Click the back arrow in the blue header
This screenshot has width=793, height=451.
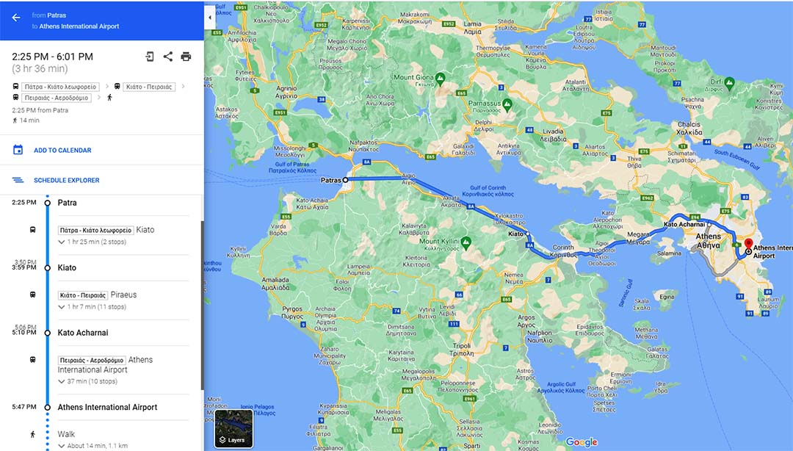tap(16, 18)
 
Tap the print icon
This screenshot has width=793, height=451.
tap(186, 57)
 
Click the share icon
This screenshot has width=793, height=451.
tap(168, 57)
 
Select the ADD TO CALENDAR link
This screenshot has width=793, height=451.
tap(62, 151)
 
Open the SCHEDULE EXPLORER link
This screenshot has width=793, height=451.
tap(66, 180)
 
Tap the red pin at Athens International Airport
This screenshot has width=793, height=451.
tap(748, 245)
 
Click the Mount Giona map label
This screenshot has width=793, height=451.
tap(413, 77)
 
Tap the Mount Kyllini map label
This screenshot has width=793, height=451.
tap(439, 241)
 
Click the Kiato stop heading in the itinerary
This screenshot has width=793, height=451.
tap(67, 267)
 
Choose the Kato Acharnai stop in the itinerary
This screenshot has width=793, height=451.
tap(83, 333)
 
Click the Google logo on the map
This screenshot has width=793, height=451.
tap(581, 441)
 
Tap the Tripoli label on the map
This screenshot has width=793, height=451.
tap(461, 345)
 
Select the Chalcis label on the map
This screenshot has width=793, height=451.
tap(689, 124)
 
